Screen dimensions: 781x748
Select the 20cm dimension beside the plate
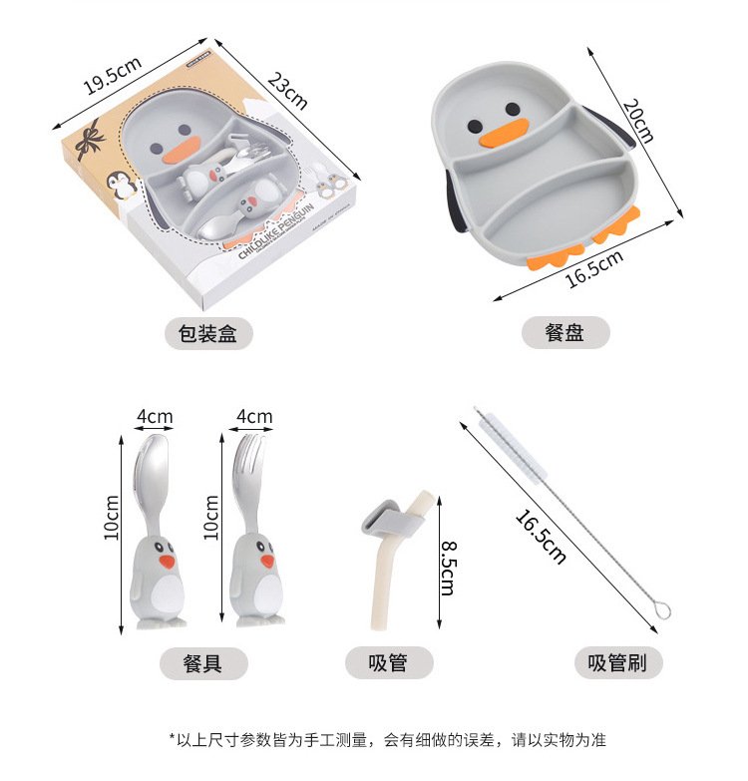[637, 121]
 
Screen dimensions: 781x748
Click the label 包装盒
[208, 333]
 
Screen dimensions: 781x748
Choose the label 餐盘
[564, 333]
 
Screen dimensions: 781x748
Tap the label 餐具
[203, 662]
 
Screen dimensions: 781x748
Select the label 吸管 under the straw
[388, 662]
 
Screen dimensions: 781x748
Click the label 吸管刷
[618, 662]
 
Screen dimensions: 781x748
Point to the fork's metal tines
[251, 454]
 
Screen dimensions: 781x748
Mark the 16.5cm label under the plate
[594, 267]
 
